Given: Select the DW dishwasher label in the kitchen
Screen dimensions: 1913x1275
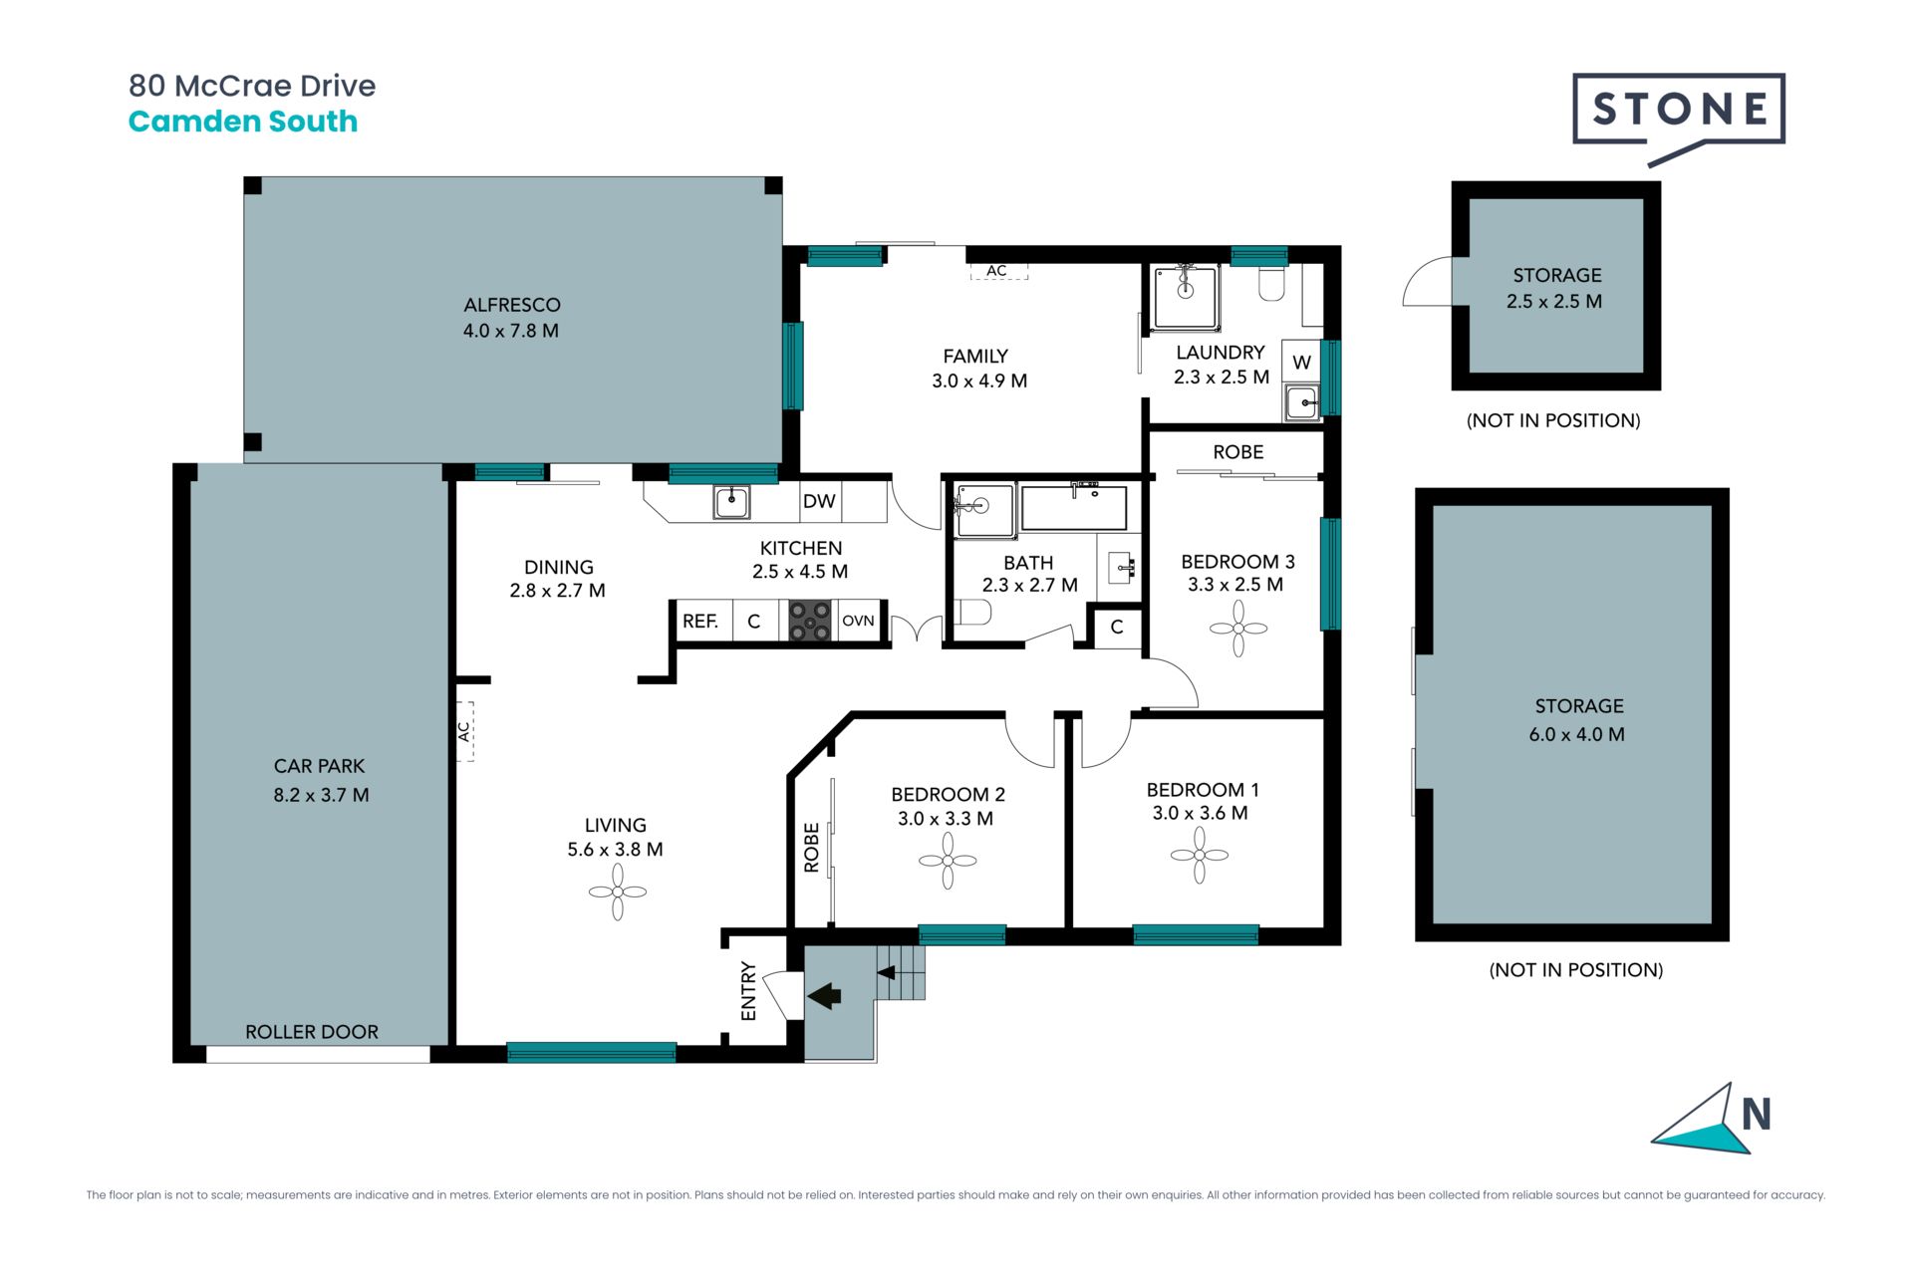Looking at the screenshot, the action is (819, 501).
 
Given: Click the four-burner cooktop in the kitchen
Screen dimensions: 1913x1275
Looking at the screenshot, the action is (810, 621).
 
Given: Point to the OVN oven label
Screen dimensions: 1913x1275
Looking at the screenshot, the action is (858, 621).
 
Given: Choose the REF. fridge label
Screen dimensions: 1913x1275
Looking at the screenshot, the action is (700, 622).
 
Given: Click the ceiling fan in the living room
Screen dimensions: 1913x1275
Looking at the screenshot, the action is (618, 892).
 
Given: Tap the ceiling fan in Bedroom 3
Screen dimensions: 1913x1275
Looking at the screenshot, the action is (1238, 629).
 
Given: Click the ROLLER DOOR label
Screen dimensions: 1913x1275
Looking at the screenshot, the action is (312, 1032).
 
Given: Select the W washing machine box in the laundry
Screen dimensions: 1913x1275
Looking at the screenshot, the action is (1301, 363).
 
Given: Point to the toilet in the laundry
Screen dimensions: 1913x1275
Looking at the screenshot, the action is (1272, 283).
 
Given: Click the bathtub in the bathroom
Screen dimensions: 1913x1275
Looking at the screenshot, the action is (1074, 507).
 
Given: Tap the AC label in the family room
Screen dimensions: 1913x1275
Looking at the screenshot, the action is (997, 271).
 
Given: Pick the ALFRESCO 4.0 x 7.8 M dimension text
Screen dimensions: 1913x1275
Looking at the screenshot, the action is (511, 331).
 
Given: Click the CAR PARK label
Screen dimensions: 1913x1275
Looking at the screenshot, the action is (320, 766).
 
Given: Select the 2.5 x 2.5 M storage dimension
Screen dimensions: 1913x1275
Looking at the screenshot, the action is (1554, 301).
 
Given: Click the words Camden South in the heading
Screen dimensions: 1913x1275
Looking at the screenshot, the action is (243, 122).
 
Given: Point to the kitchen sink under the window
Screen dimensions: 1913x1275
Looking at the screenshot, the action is (732, 502).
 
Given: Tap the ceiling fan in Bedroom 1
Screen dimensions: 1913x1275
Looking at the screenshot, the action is (1200, 855).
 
